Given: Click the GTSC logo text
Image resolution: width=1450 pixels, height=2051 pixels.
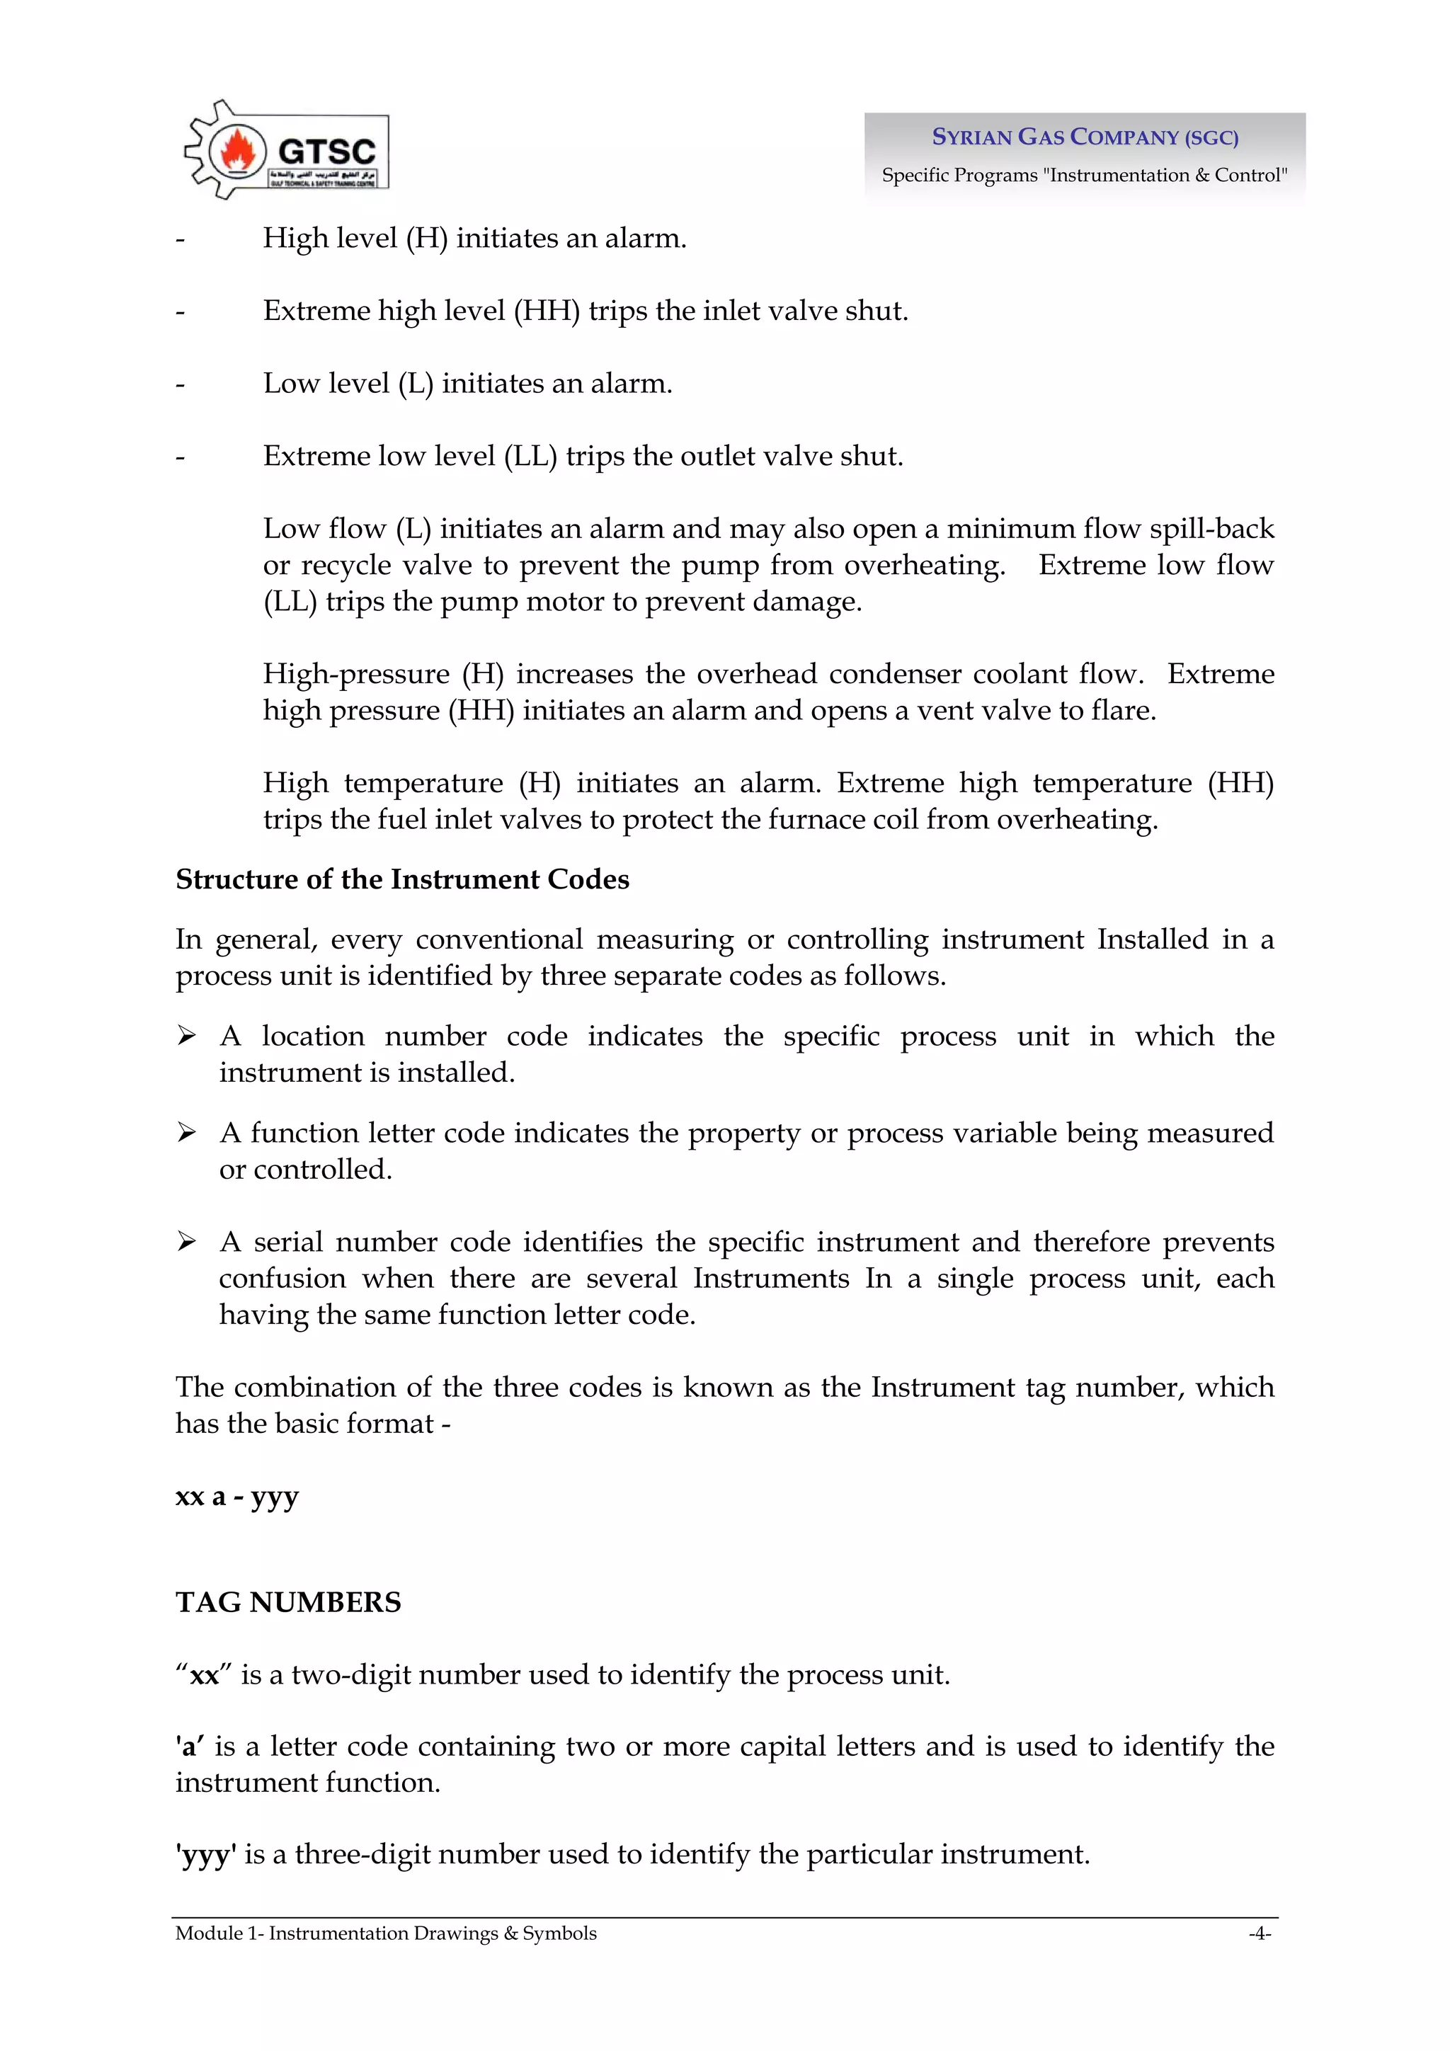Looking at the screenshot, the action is (326, 150).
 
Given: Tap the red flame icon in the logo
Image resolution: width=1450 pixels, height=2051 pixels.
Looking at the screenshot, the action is (238, 150).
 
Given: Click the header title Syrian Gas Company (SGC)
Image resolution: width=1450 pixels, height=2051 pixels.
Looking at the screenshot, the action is (1085, 137).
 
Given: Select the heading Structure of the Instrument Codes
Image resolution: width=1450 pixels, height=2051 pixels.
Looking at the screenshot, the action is (402, 879).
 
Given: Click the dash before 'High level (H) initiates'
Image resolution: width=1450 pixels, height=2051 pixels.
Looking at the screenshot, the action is (181, 239).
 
